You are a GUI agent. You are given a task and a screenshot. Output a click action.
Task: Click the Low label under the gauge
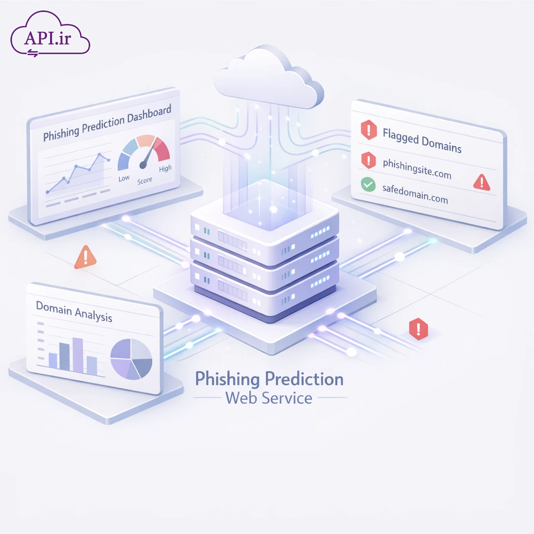(x=124, y=178)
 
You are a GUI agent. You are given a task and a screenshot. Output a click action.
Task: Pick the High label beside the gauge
(x=165, y=168)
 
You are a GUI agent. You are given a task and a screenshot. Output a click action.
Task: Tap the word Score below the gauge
(x=144, y=180)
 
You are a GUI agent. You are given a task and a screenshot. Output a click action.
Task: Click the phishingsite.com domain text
(x=417, y=169)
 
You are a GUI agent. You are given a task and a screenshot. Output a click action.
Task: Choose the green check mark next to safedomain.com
(x=368, y=184)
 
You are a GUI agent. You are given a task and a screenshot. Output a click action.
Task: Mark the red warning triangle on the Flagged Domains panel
(x=481, y=181)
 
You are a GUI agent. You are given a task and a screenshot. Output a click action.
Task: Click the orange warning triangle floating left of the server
(x=85, y=257)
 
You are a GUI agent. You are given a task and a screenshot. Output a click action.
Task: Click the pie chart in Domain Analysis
(x=131, y=359)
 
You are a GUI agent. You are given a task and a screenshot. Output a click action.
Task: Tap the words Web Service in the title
(x=269, y=398)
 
